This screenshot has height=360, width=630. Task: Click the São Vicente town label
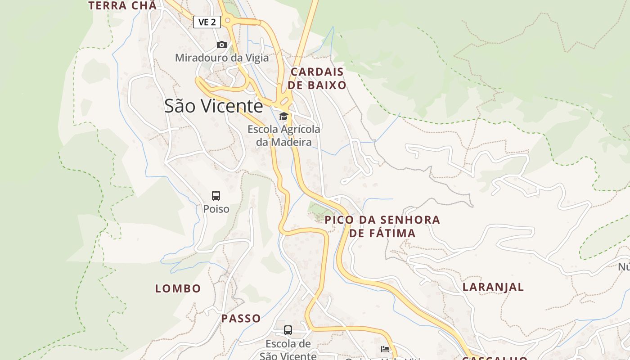point(213,106)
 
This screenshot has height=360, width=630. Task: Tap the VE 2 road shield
point(207,22)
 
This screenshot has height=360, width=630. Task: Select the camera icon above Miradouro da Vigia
point(221,45)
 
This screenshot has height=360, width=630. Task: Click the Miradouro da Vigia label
point(221,58)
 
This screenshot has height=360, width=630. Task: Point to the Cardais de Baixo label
point(317,78)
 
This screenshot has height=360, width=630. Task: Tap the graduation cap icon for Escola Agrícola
point(283,117)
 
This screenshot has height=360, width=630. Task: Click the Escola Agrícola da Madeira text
point(284,135)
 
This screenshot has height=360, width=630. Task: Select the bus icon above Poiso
point(216,196)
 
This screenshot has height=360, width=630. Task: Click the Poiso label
point(216,209)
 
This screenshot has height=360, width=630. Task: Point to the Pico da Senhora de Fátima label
point(382,226)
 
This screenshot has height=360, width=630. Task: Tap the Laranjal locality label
point(493,287)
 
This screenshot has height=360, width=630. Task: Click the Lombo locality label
point(178,288)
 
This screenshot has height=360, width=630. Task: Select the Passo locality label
point(241,319)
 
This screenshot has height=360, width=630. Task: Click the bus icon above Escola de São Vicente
point(288,330)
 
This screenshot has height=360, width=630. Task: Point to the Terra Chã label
point(122,6)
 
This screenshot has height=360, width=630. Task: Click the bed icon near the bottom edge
point(385,349)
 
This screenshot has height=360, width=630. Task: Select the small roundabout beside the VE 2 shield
point(228,20)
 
